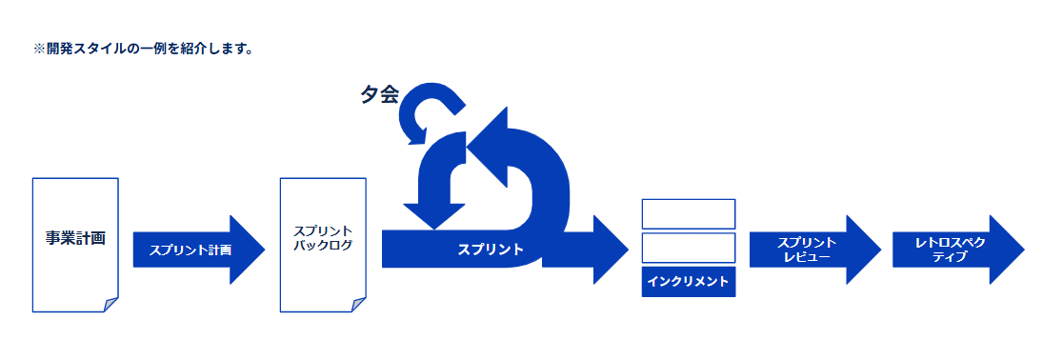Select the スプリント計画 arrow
click(199, 250)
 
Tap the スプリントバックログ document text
click(323, 238)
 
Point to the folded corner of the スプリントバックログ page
click(358, 305)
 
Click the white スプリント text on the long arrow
click(491, 250)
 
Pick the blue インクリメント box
click(689, 282)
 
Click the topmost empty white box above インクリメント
click(689, 213)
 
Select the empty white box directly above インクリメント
click(689, 248)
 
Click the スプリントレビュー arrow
click(815, 250)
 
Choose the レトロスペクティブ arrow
click(958, 250)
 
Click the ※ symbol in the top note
click(38, 50)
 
